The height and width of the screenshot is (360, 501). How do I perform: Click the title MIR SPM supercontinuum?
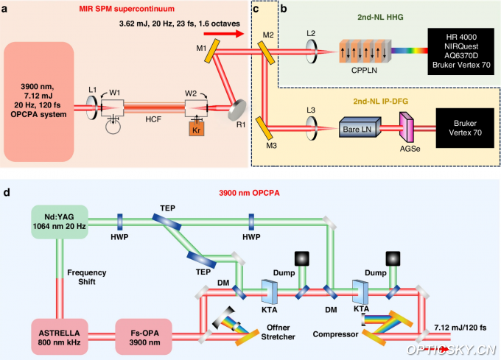click(x=134, y=8)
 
